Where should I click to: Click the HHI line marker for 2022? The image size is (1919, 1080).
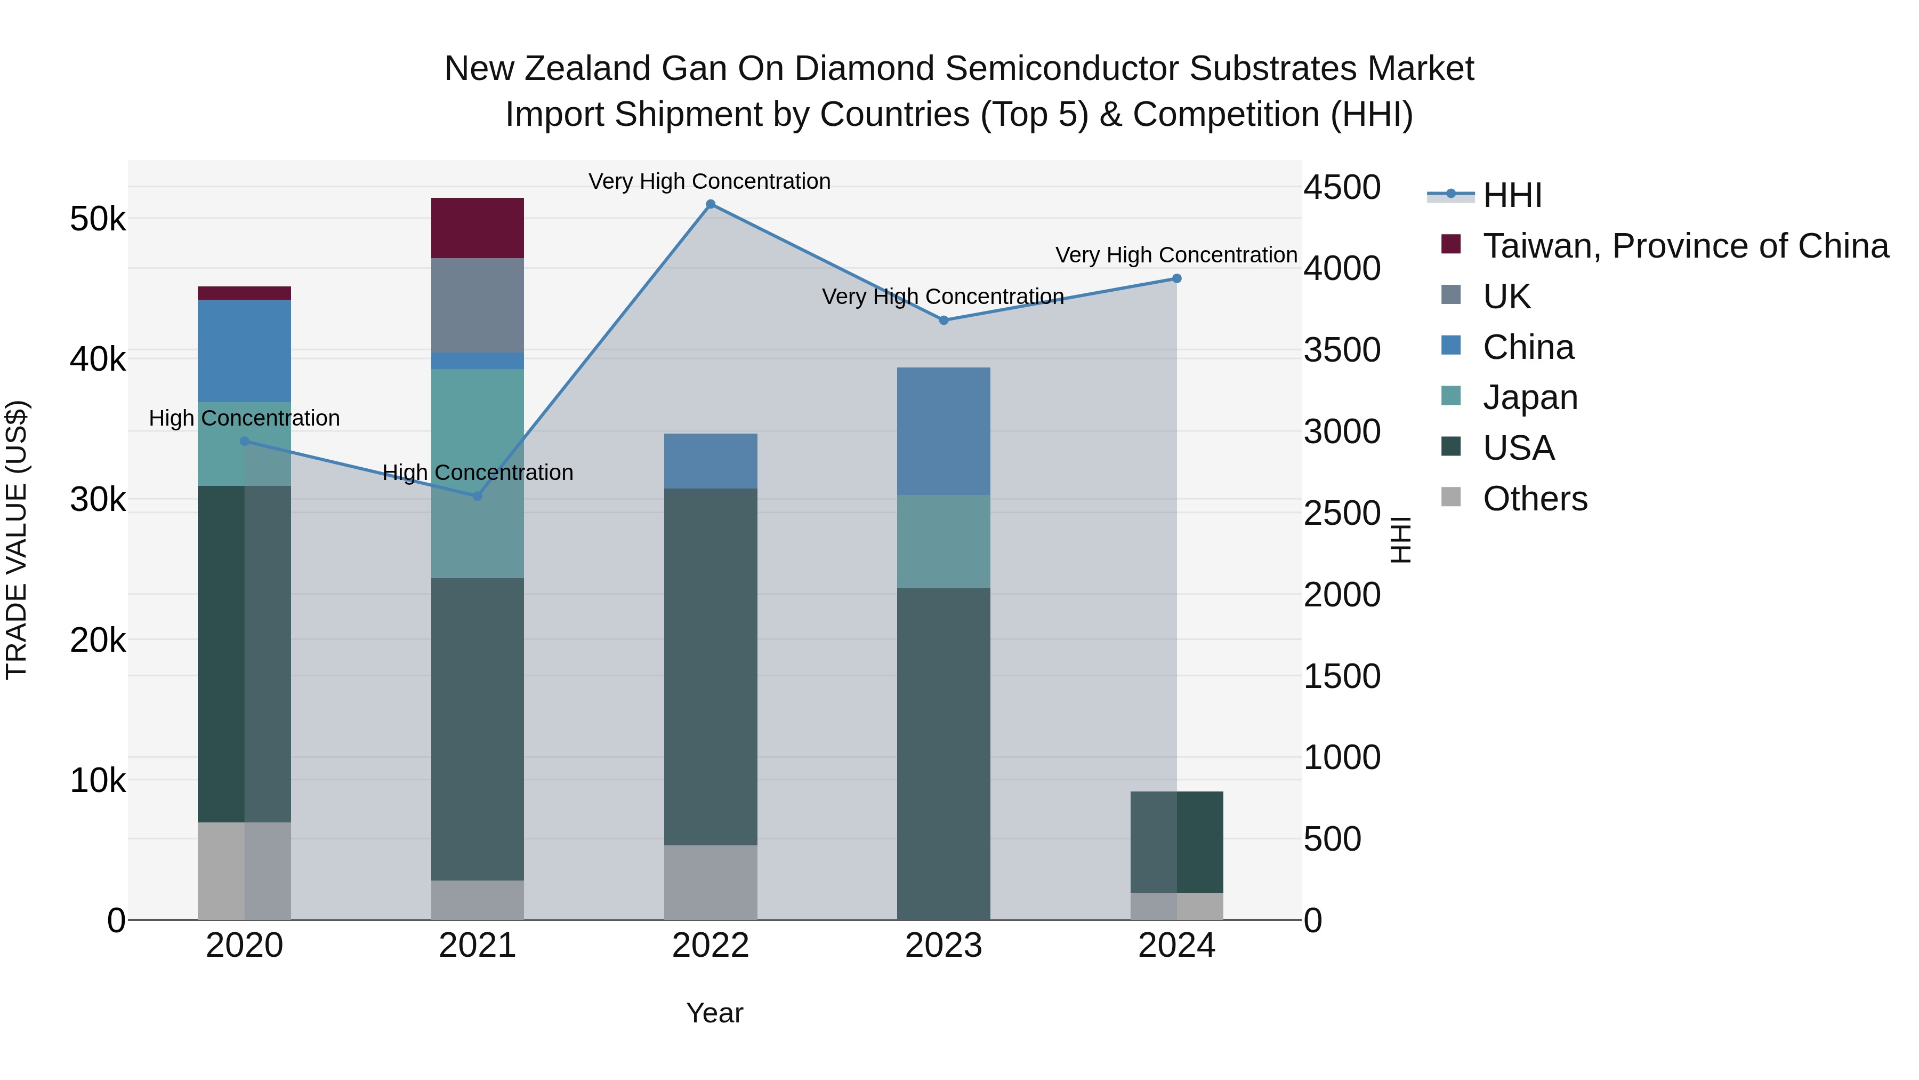tap(710, 204)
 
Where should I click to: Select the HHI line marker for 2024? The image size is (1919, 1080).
tap(1176, 279)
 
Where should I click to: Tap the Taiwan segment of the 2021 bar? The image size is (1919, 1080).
tap(478, 228)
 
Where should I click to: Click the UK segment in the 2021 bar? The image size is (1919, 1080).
tap(478, 306)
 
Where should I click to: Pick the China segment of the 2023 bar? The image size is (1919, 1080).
tap(943, 431)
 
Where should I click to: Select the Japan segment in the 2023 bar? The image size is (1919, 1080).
tap(943, 542)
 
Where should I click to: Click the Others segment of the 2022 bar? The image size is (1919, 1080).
tap(710, 883)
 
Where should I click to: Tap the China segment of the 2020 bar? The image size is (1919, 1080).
tap(244, 351)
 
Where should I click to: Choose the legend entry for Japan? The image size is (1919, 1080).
tap(1529, 397)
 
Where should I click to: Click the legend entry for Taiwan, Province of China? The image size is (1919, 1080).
tap(1685, 246)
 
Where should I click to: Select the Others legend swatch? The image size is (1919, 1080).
tap(1451, 497)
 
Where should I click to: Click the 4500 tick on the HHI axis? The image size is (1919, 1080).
tap(1342, 187)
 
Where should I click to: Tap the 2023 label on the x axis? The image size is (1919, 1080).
tap(943, 946)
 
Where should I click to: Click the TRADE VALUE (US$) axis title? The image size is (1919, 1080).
tap(17, 540)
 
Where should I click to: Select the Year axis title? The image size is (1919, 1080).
tap(714, 1013)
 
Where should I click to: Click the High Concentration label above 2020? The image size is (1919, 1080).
tap(244, 418)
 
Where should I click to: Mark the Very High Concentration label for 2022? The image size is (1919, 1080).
tap(709, 181)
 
